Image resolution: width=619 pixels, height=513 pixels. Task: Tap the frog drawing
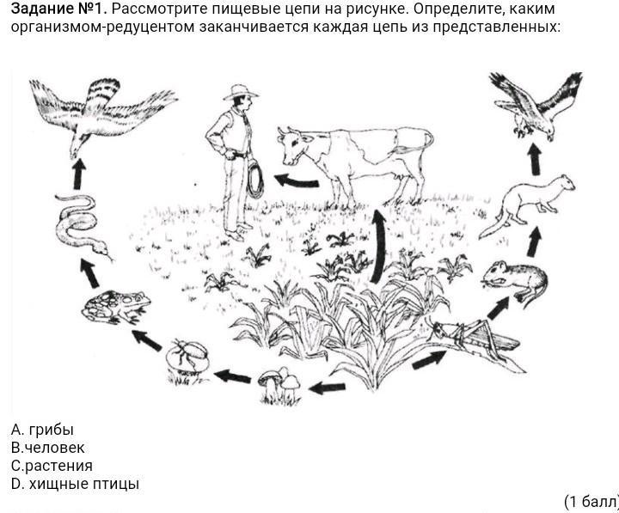click(x=116, y=306)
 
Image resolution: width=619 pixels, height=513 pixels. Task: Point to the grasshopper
click(x=474, y=341)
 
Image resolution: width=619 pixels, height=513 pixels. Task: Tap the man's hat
click(x=241, y=92)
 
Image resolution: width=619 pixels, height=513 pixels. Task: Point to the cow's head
click(x=294, y=145)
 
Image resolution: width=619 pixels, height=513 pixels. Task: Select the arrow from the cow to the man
click(x=296, y=180)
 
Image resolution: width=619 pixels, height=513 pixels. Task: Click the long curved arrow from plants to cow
click(x=379, y=246)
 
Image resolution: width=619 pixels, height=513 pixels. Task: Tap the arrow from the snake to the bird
click(x=79, y=174)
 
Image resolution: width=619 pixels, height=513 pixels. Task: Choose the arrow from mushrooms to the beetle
click(x=233, y=376)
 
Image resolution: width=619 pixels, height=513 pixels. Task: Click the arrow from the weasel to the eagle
click(x=535, y=159)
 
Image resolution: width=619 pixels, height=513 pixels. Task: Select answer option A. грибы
click(x=42, y=430)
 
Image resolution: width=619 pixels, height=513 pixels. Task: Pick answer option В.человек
click(x=48, y=448)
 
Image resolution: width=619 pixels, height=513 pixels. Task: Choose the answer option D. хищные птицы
click(x=75, y=484)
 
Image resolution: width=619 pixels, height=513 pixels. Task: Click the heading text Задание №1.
click(x=58, y=9)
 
